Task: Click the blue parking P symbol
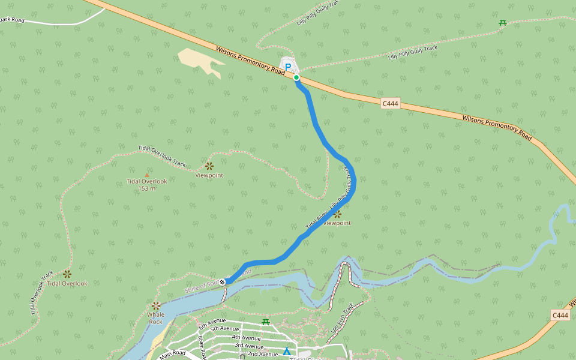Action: (288, 67)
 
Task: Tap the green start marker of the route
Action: (296, 77)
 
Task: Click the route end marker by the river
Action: (223, 281)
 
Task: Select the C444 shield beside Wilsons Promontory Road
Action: (390, 104)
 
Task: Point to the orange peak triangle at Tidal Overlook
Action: (147, 175)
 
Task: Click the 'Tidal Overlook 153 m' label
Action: (147, 185)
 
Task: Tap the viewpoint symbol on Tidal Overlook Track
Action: (209, 166)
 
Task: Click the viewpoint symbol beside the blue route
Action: (337, 214)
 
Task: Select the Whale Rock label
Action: (155, 318)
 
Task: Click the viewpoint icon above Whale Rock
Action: (156, 305)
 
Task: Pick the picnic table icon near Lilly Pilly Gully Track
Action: (503, 23)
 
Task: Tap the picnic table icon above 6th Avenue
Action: (266, 322)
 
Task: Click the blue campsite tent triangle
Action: (287, 351)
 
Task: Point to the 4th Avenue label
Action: (246, 338)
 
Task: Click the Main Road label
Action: (172, 355)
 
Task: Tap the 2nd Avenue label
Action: (263, 354)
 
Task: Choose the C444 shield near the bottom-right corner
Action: (559, 315)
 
